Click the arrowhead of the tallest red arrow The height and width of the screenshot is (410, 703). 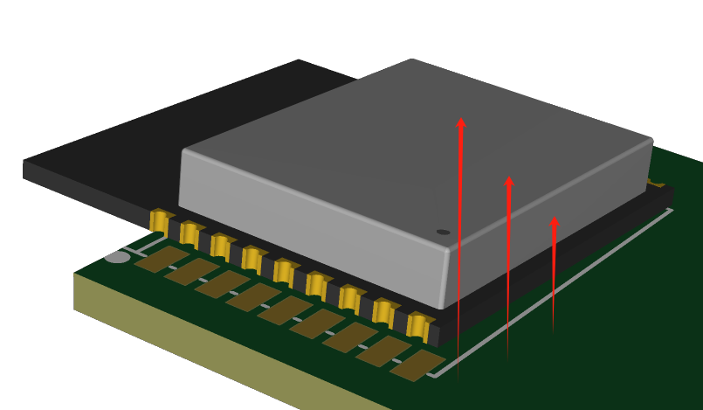[x=461, y=123]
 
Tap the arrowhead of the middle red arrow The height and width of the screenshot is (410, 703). [x=509, y=182]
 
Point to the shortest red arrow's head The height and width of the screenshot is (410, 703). [x=554, y=222]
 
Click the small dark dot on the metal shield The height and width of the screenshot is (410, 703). [x=443, y=232]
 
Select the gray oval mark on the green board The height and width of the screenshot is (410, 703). [x=117, y=257]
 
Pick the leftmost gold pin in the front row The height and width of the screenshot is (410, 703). [x=160, y=221]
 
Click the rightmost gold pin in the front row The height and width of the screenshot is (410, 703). [x=417, y=326]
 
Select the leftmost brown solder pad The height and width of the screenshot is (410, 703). [x=161, y=259]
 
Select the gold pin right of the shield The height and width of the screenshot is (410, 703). [x=656, y=184]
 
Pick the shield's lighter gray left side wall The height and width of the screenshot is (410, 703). [x=306, y=219]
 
